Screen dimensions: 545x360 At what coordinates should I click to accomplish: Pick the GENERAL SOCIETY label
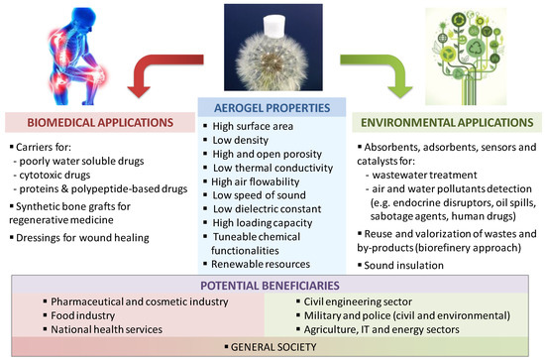272,347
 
